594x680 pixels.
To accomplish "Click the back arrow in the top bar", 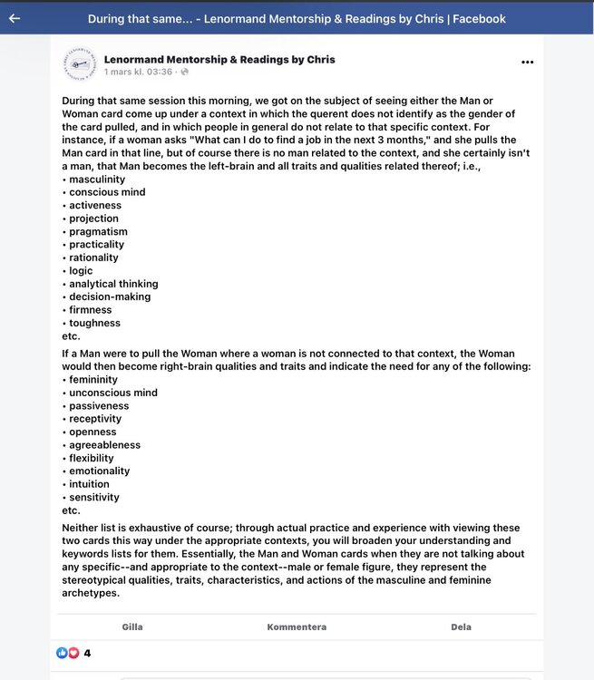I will pos(14,18).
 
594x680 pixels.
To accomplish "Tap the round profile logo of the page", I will pos(79,65).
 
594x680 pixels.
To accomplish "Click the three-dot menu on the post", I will pos(527,63).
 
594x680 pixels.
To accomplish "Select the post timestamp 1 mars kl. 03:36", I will pos(138,72).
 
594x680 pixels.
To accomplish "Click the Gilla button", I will pos(132,627).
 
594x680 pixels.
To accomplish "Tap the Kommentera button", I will pos(297,627).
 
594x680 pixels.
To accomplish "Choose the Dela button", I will pos(461,627).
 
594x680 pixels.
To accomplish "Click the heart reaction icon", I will pos(73,653).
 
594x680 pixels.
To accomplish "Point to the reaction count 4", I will pos(87,653).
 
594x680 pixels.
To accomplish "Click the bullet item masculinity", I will pos(96,180).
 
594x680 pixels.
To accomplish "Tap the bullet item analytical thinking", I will pos(113,284).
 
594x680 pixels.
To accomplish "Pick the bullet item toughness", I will pos(94,323).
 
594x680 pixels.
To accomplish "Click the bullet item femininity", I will pos(93,380).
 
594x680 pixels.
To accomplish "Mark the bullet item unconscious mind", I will pos(112,393).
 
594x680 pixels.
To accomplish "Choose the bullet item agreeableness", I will pos(104,445).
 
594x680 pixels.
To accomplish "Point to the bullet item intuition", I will pos(89,484).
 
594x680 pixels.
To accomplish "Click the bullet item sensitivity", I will pos(93,497).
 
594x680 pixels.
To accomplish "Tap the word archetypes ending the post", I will pos(91,593).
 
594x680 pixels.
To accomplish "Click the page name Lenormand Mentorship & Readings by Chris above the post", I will pos(219,59).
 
